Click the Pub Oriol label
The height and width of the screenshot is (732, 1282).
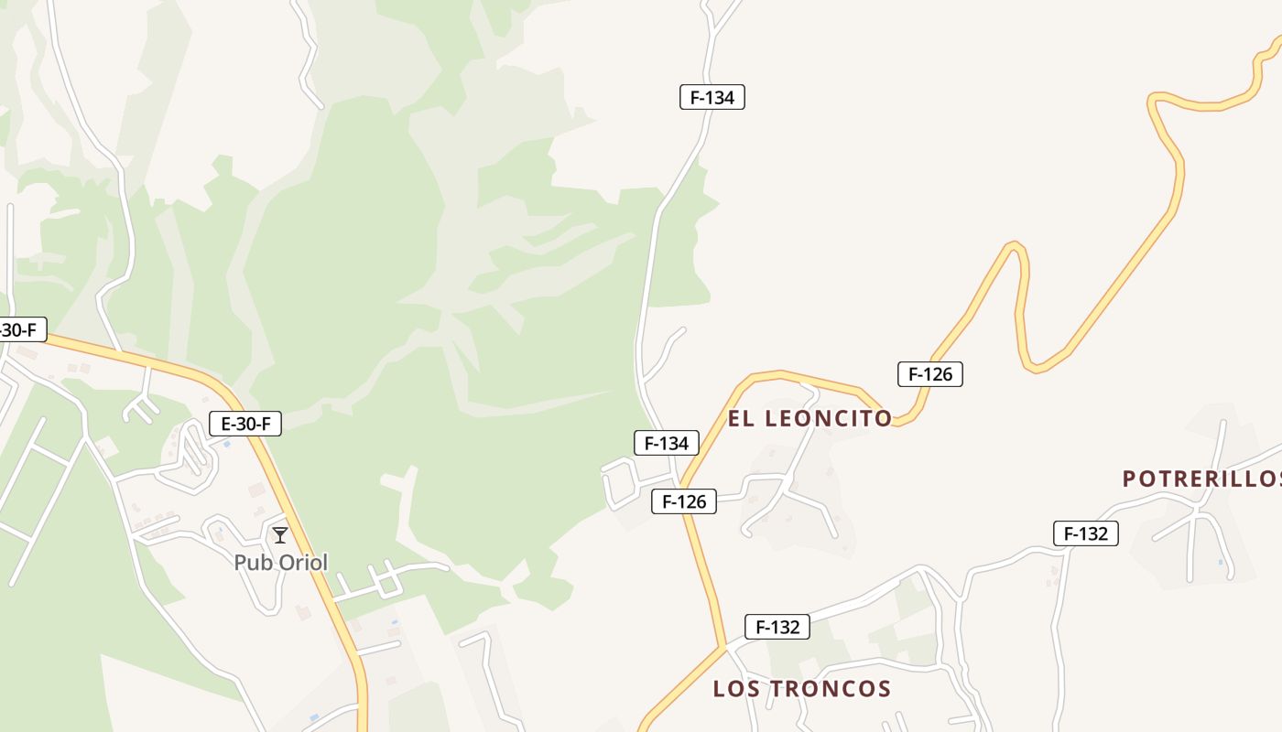(280, 562)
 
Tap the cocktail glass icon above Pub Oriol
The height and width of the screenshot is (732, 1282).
(280, 535)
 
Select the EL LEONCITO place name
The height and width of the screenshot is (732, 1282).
(809, 418)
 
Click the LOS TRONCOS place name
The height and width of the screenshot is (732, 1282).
(802, 688)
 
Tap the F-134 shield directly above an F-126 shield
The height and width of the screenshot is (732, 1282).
(667, 443)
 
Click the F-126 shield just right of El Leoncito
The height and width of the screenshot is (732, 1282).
(930, 373)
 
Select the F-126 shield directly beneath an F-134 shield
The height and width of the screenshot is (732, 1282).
(684, 501)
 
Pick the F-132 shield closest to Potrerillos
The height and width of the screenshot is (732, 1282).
(1086, 533)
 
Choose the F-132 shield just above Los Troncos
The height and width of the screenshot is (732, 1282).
(777, 627)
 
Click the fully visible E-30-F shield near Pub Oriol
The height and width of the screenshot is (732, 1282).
(245, 424)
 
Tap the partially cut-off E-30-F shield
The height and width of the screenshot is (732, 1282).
(20, 329)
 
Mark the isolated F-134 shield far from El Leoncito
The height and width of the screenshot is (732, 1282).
(712, 97)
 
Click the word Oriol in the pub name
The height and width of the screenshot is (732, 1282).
(303, 562)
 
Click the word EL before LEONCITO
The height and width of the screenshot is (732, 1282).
(740, 418)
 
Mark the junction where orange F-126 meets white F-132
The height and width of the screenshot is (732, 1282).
(725, 646)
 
